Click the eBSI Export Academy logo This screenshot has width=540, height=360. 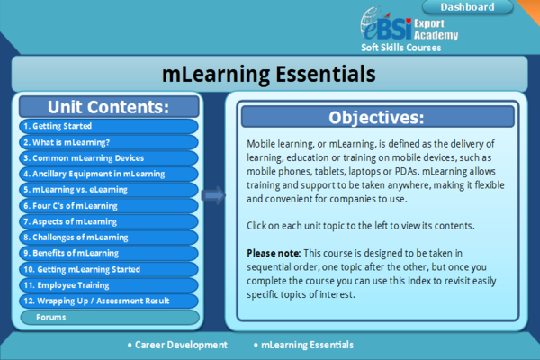click(x=409, y=25)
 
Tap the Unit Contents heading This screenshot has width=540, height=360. click(x=109, y=107)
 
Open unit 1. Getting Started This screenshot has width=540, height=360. click(x=109, y=127)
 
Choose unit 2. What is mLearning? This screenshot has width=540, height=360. click(x=109, y=142)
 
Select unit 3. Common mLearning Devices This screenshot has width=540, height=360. click(x=109, y=158)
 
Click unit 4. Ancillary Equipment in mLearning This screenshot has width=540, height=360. click(x=109, y=174)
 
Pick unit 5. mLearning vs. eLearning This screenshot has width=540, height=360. click(x=109, y=190)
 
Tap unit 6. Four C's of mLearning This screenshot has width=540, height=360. click(x=109, y=205)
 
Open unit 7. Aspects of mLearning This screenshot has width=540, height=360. click(x=109, y=221)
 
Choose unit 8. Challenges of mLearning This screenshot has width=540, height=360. click(x=109, y=238)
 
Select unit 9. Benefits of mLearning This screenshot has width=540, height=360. click(x=109, y=253)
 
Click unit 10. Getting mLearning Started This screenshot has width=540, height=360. click(x=109, y=269)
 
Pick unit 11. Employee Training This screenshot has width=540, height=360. click(x=109, y=284)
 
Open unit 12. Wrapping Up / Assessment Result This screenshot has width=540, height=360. click(x=109, y=301)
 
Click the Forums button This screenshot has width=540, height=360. click(x=109, y=317)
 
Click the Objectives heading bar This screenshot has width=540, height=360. click(x=376, y=117)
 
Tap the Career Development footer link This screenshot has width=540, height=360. click(x=177, y=345)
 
